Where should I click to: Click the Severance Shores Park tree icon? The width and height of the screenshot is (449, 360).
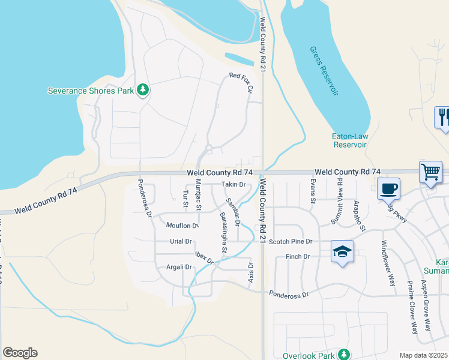click(143, 90)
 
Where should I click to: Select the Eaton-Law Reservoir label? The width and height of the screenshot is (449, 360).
click(349, 140)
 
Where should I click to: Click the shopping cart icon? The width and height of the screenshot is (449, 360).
click(430, 172)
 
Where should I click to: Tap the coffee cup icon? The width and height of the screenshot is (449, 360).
click(388, 189)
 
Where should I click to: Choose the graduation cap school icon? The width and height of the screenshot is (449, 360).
click(342, 251)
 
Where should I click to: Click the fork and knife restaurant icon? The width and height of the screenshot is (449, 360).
click(444, 116)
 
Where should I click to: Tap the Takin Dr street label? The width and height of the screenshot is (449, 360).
click(234, 184)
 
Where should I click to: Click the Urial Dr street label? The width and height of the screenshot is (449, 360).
click(180, 241)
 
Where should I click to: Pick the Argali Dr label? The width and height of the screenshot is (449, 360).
click(179, 267)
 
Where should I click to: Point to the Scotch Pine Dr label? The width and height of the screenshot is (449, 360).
click(291, 241)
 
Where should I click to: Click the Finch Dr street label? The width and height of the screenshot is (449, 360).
click(298, 256)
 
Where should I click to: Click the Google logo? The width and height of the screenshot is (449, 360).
click(20, 353)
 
